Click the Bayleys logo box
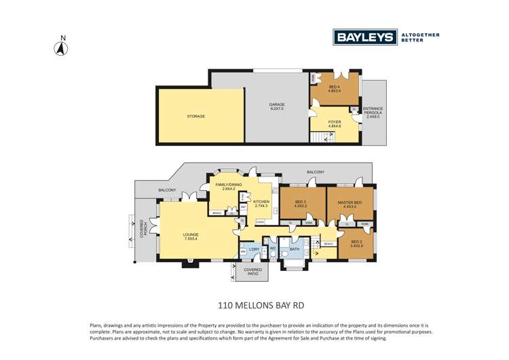pyautogui.click(x=364, y=37)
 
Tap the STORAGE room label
pyautogui.click(x=196, y=116)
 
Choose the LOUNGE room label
pyautogui.click(x=191, y=236)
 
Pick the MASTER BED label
pyautogui.click(x=349, y=202)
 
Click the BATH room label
pyautogui.click(x=293, y=249)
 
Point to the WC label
pyautogui.click(x=271, y=249)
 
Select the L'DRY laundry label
pyautogui.click(x=254, y=249)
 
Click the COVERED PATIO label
pyautogui.click(x=252, y=272)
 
